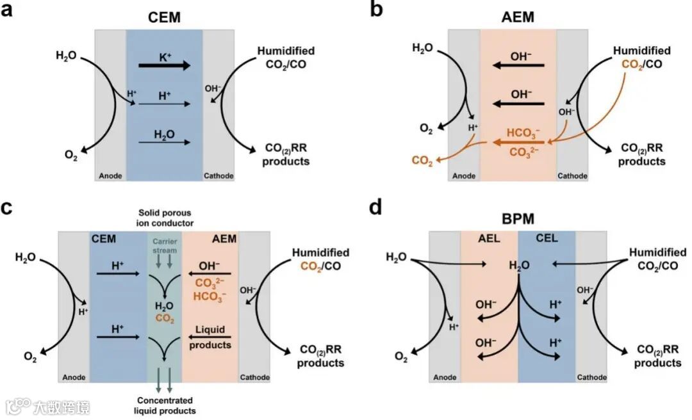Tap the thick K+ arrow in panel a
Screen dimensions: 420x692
point(165,65)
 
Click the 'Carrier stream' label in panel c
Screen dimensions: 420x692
point(165,246)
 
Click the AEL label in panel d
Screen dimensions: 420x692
point(489,238)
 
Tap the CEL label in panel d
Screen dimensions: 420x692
point(547,238)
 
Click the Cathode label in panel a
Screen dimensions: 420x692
point(218,176)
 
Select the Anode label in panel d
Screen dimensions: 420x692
point(445,377)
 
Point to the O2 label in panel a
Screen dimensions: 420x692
point(72,154)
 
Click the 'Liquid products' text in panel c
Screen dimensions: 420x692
point(210,337)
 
